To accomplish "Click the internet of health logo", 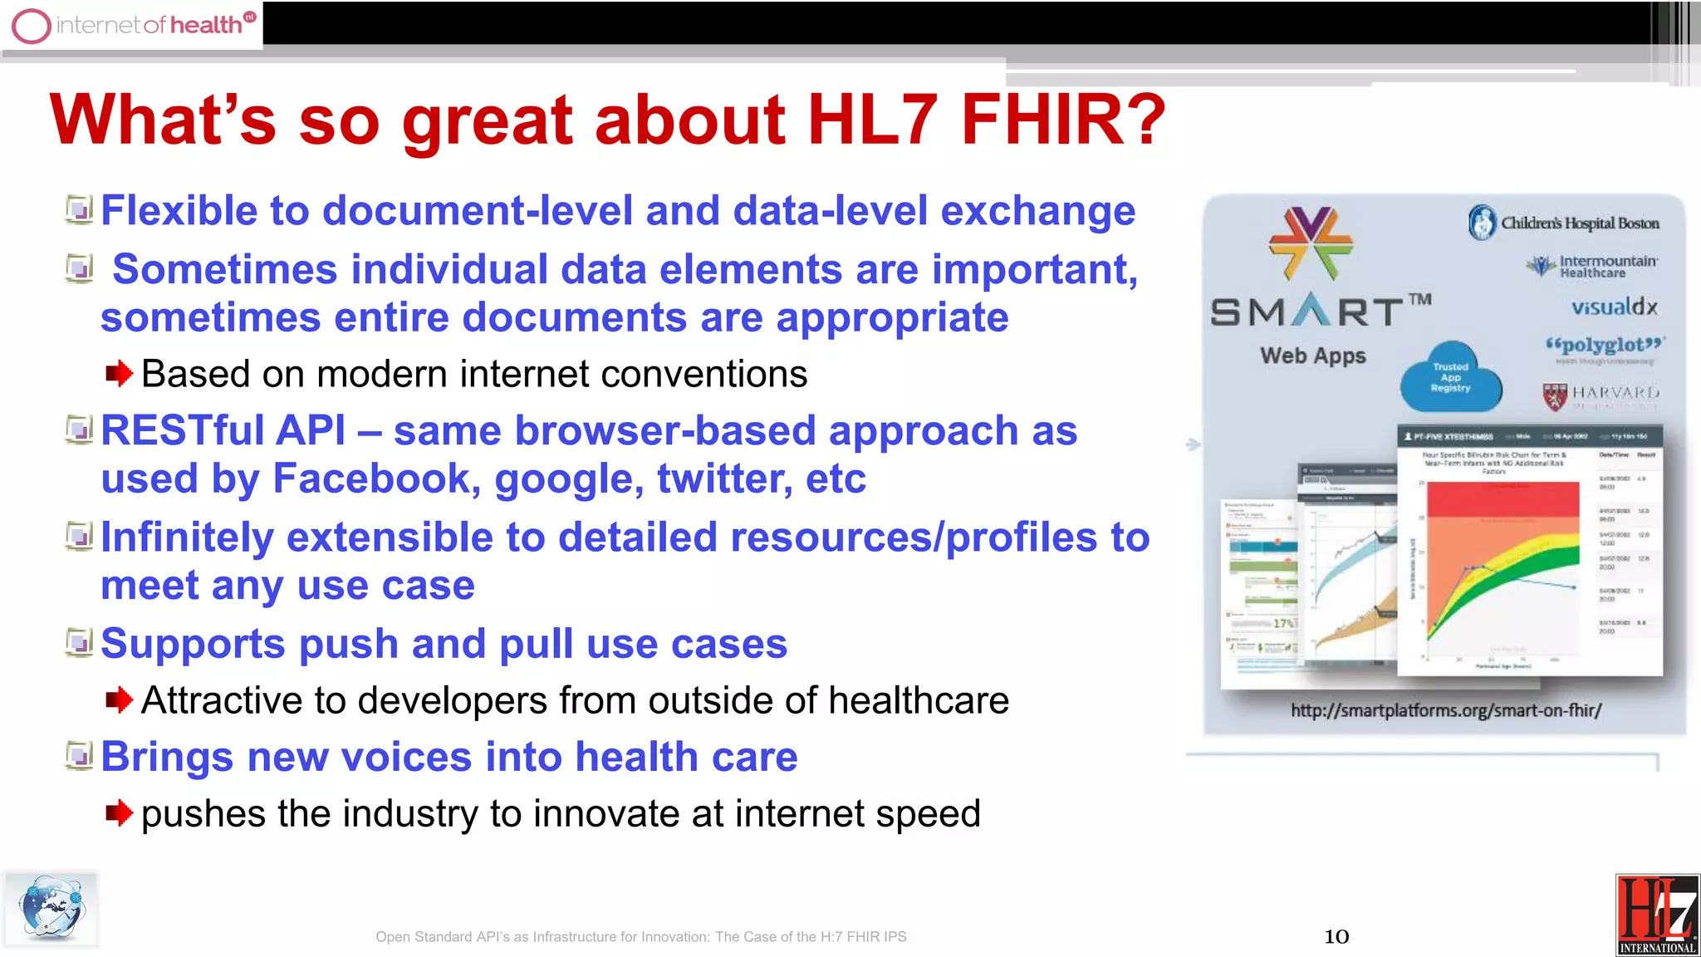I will tap(133, 25).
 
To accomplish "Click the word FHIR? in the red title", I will tap(1063, 120).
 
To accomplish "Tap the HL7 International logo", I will tap(1657, 915).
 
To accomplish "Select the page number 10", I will tap(1336, 937).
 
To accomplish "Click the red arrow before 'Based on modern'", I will tap(119, 374).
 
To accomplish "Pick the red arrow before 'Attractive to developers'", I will tap(119, 700).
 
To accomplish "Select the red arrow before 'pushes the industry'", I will tap(119, 813).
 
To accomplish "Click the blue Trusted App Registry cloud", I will tap(1450, 379).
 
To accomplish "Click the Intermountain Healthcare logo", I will tap(1592, 266).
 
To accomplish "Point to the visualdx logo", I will tap(1614, 307).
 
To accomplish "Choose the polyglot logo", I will tap(1605, 346).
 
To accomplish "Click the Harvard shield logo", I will tap(1555, 396).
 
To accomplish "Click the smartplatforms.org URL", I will tap(1445, 710).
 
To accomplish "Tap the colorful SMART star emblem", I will tap(1311, 243).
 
